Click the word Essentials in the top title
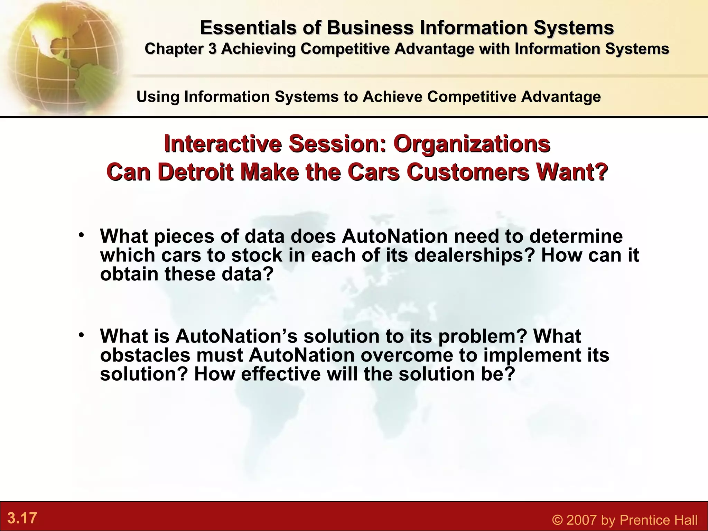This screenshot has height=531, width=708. (248, 28)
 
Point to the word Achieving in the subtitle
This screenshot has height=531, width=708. (258, 49)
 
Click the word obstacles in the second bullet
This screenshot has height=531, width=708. (145, 355)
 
